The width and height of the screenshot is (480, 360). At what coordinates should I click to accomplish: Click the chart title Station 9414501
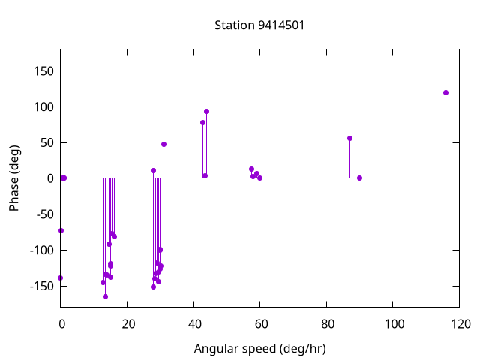259,25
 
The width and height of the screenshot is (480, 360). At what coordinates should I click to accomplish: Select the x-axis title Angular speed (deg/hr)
259,349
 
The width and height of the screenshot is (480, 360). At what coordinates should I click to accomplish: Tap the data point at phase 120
445,92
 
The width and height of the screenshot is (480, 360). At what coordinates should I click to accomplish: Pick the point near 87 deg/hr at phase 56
349,138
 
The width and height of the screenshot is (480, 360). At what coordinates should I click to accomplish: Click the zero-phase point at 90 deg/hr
360,178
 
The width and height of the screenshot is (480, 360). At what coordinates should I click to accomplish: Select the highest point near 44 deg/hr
206,111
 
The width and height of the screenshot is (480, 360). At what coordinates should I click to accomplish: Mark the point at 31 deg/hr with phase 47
163,144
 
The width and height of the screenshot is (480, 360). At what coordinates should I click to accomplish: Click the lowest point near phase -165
105,296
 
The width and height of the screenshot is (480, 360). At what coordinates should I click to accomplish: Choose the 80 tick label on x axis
327,324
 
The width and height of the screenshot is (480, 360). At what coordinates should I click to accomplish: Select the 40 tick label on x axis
193,324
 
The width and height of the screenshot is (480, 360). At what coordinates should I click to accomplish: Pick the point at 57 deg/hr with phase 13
251,169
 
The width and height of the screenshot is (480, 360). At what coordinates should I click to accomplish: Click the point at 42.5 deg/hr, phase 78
202,122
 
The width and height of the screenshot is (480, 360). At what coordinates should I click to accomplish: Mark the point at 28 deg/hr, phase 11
153,170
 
